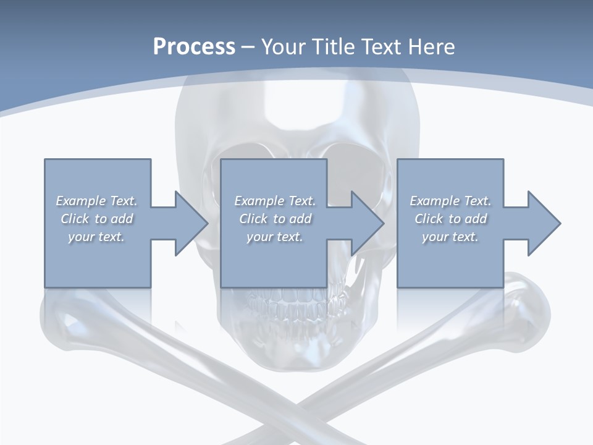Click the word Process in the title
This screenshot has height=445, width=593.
coord(194,47)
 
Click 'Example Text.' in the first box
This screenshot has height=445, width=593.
coord(97,201)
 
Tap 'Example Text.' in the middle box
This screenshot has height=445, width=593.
coord(275,201)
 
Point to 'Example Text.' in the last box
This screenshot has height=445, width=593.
coord(450,201)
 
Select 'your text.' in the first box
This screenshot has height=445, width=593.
coord(97,237)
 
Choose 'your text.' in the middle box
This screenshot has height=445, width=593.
coord(275,237)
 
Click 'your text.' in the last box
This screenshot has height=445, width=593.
coord(450,237)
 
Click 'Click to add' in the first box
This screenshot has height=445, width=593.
coord(97,219)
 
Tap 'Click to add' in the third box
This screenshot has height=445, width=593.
coord(450,219)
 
